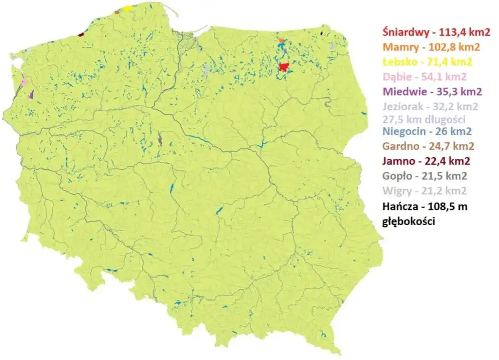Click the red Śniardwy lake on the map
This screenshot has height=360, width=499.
pyautogui.click(x=284, y=67)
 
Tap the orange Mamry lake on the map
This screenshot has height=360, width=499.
pyautogui.click(x=281, y=41)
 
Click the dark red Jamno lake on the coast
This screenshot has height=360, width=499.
pyautogui.click(x=81, y=34)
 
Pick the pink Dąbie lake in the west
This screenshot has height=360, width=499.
pyautogui.click(x=24, y=82)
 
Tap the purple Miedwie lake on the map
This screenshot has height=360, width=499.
pyautogui.click(x=31, y=95)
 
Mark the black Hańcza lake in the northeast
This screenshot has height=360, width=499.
pyautogui.click(x=322, y=33)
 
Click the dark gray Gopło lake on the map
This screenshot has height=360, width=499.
pyautogui.click(x=160, y=138)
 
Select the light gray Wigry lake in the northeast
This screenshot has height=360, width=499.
pyautogui.click(x=331, y=46)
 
